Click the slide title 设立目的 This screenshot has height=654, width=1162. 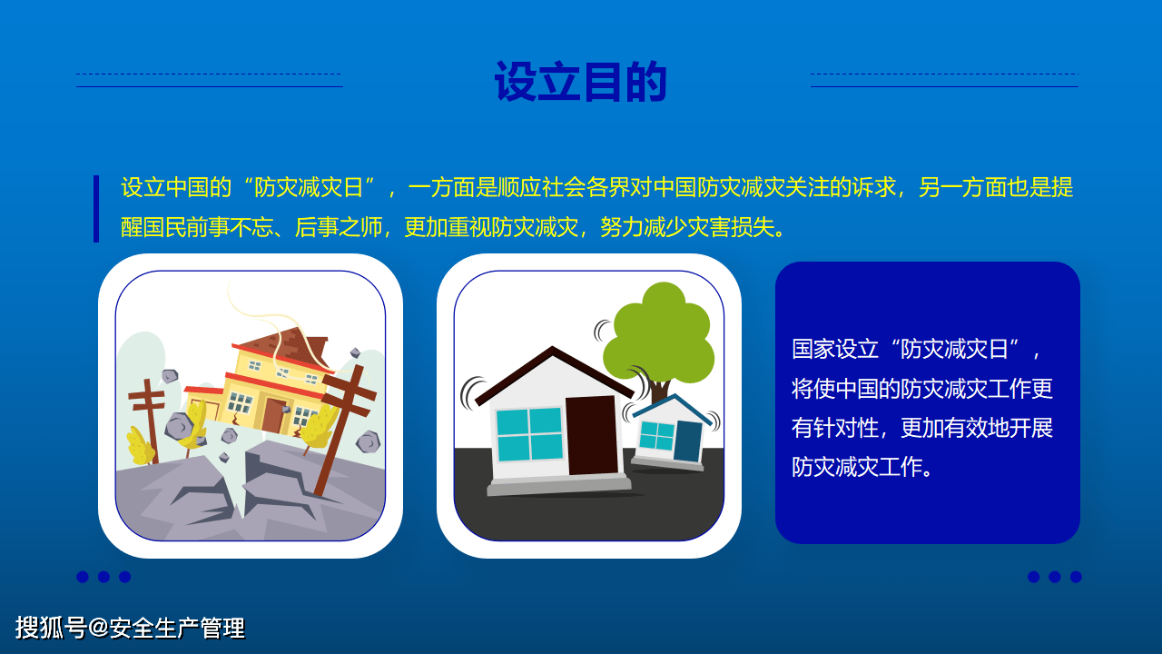pos(581,83)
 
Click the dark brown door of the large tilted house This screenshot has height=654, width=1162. pos(591,435)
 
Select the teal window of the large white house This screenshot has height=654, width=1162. pos(529,434)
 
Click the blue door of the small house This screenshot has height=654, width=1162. pos(688,441)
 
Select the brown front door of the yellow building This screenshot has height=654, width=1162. pos(272,415)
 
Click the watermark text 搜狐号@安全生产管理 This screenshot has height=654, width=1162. pos(130,628)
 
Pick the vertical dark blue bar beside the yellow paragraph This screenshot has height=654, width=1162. pos(96,208)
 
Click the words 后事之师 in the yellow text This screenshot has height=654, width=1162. pos(338,227)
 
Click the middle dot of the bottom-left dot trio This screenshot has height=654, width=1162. pos(103,577)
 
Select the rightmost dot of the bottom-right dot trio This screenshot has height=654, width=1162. pos(1076,577)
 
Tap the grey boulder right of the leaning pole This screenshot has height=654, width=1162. pos(368,442)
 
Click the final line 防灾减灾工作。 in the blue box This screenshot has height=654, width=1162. pos(862,467)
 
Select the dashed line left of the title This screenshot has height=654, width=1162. pos(208,74)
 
